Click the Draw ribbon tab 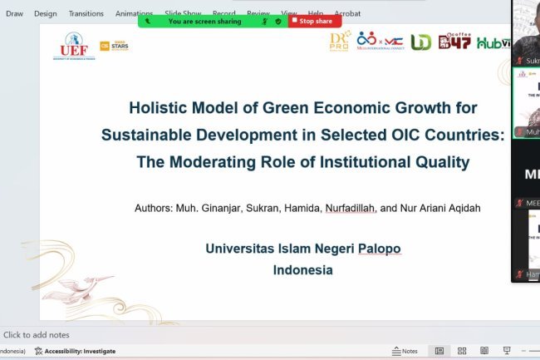(x=14, y=13)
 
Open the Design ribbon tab (x=46, y=13)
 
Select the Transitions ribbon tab (x=86, y=13)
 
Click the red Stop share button (x=314, y=22)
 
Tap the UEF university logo (x=70, y=47)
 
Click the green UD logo (x=421, y=42)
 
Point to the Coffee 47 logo (x=454, y=42)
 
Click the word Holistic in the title (x=158, y=107)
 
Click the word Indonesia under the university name (x=302, y=269)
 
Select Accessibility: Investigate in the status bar (x=80, y=351)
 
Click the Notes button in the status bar (x=405, y=351)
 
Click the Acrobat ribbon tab (x=347, y=13)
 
